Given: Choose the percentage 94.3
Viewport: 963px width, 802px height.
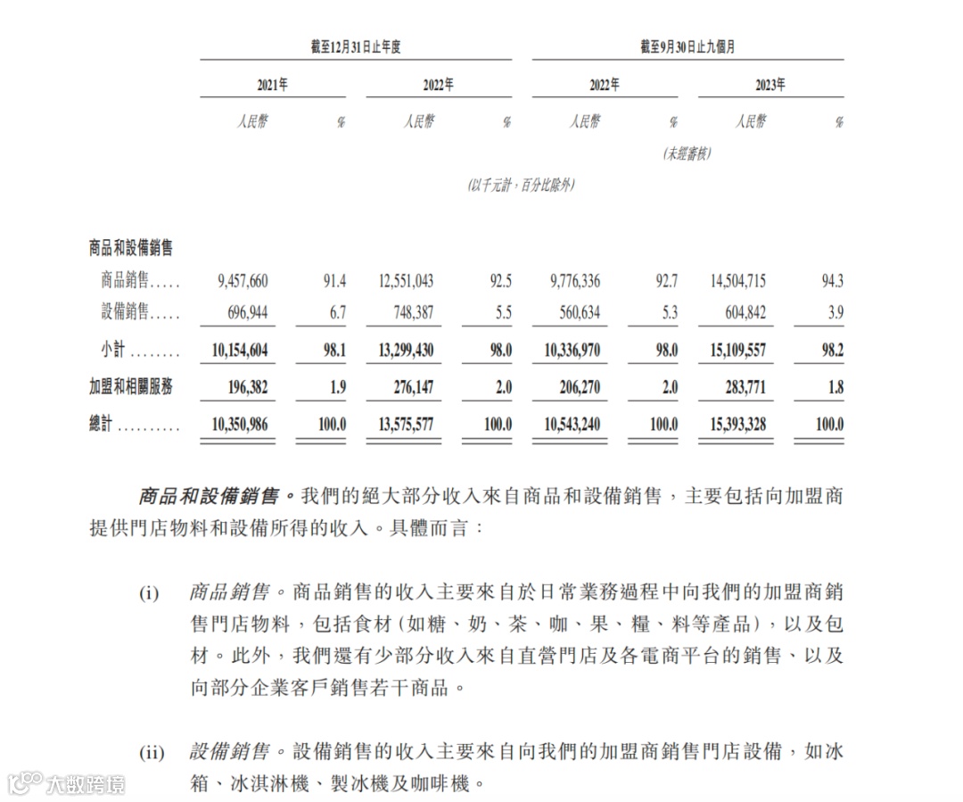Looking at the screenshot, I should pos(830,282).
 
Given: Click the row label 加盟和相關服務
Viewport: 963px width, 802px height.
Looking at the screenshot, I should pos(131,387).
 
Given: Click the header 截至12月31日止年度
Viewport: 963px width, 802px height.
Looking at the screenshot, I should pos(356,47).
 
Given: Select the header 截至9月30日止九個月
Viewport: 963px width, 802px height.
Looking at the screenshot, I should pos(687,47).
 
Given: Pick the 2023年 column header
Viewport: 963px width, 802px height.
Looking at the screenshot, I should pos(770,86).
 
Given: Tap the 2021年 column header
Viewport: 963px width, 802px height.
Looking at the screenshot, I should pos(272,86).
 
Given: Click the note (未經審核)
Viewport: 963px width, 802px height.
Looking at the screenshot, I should pos(687,153).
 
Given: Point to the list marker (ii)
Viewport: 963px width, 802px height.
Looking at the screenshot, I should pos(152,753).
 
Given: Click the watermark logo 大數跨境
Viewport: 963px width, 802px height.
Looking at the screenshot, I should pos(67,784).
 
